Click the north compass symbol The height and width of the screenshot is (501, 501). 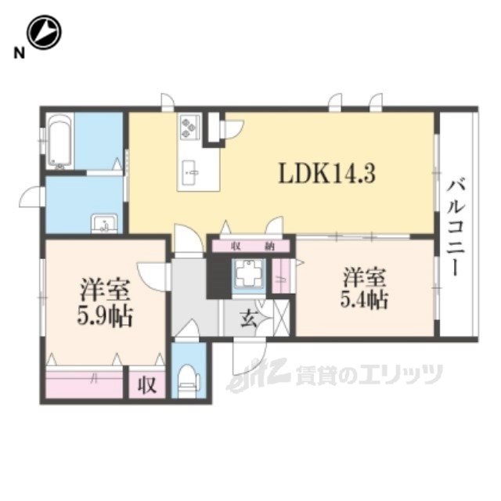coord(44,32)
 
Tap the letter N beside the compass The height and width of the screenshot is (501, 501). coord(19,53)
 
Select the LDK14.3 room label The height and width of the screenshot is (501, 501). coord(326,174)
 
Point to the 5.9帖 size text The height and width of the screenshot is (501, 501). coord(105,315)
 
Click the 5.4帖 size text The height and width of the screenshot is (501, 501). coord(364,300)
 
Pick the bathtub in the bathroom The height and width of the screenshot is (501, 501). coord(59,142)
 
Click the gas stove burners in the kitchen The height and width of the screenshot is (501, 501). coord(188,127)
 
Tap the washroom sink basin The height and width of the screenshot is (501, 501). coord(104,224)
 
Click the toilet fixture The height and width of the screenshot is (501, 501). coord(189,380)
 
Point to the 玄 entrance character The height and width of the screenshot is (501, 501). coord(249,319)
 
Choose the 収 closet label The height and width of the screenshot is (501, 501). coord(147,384)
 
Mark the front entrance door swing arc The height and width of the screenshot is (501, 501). coord(250,358)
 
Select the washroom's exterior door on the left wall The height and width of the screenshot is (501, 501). coord(31,197)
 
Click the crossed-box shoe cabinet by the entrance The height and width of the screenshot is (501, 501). coord(282,318)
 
